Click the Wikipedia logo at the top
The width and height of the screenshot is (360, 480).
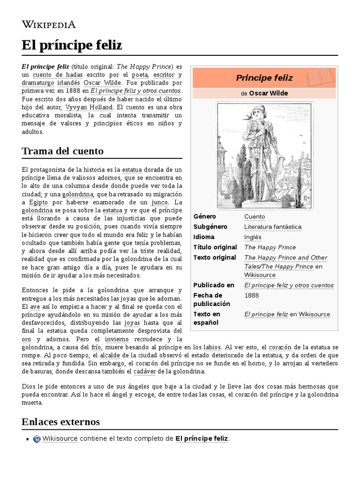48,24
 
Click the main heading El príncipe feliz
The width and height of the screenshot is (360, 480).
72,45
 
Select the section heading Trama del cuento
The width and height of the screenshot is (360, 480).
62,151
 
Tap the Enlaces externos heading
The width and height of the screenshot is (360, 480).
60,421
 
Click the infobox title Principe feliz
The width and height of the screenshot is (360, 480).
264,78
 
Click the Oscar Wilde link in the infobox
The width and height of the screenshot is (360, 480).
268,93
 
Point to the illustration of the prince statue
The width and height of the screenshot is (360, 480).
264,155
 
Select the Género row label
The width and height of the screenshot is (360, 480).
205,217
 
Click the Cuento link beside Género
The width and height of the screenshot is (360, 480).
255,217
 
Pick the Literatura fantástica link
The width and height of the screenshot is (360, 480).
273,227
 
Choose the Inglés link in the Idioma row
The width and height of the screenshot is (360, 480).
253,237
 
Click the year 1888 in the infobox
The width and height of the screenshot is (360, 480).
252,296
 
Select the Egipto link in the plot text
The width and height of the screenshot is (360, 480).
38,202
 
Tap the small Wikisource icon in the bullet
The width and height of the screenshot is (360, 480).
37,439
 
